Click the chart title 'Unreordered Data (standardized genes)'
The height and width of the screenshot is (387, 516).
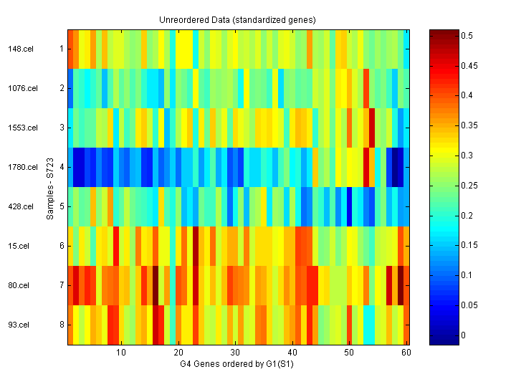tap(237, 19)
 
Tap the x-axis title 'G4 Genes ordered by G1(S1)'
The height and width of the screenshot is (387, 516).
tap(237, 365)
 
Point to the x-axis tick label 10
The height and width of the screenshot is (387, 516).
tap(121, 353)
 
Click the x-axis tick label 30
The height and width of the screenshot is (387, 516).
tap(235, 353)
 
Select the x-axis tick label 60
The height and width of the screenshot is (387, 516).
tap(406, 353)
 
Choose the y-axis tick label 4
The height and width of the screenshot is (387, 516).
tap(62, 168)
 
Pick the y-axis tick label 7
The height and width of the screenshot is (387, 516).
tap(62, 286)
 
